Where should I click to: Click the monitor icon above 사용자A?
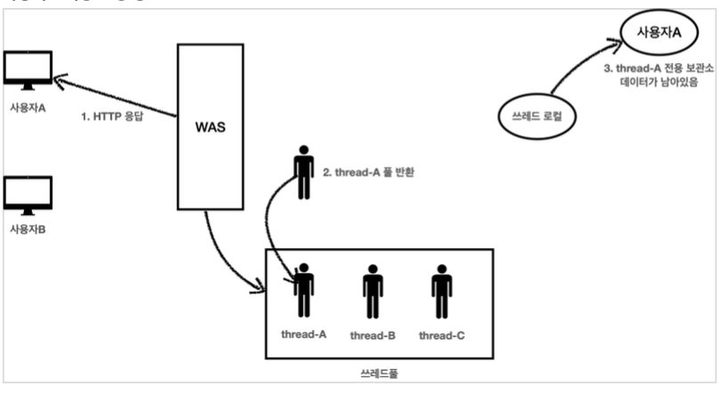coord(28,69)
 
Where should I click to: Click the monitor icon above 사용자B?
coord(28,194)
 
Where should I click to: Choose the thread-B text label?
coord(373,335)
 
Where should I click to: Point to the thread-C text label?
coord(441,335)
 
